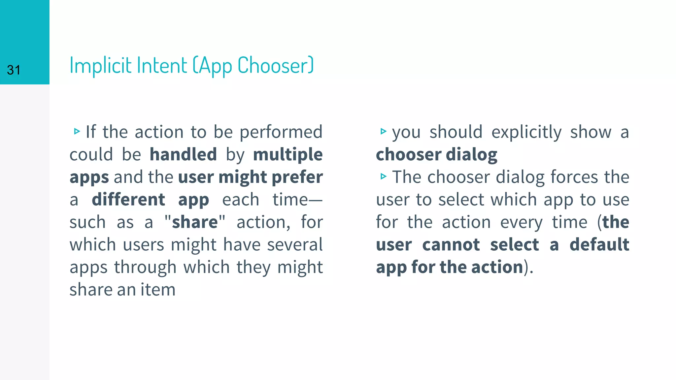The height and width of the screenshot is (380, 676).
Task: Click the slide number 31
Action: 14,70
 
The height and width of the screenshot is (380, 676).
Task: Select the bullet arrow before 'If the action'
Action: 77,131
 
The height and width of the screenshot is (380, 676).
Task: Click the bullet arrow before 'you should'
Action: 383,131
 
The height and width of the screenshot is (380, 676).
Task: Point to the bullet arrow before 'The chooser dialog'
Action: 383,176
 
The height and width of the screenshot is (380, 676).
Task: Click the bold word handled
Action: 183,154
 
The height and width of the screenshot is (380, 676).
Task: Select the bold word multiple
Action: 288,154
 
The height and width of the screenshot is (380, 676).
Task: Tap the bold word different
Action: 128,200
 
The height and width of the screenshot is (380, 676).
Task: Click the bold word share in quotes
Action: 195,222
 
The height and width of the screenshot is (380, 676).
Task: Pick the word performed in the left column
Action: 281,132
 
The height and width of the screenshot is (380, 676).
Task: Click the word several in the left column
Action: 295,244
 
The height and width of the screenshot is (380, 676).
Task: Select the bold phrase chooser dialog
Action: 436,154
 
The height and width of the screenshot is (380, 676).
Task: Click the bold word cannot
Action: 451,244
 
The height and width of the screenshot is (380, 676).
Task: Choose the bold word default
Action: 599,244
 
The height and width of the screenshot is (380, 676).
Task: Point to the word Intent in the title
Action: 162,65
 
